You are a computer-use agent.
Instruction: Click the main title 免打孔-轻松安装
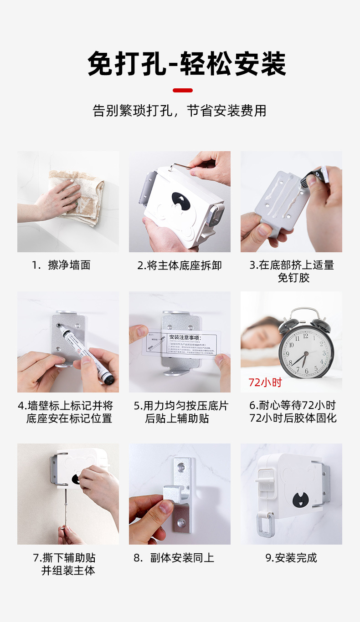(x=187, y=64)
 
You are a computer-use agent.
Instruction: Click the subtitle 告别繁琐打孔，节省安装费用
(x=180, y=111)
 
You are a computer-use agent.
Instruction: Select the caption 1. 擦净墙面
(x=61, y=265)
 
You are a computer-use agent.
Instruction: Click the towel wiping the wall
(x=77, y=198)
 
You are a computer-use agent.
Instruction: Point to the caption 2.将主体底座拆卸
(x=180, y=265)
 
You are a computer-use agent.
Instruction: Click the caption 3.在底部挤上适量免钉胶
(x=292, y=271)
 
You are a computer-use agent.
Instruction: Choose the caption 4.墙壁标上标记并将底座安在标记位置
(x=66, y=412)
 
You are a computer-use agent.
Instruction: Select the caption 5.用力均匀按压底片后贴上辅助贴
(x=180, y=412)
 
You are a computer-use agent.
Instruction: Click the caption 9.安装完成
(x=291, y=558)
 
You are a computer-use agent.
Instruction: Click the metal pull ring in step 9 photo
(x=263, y=524)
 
